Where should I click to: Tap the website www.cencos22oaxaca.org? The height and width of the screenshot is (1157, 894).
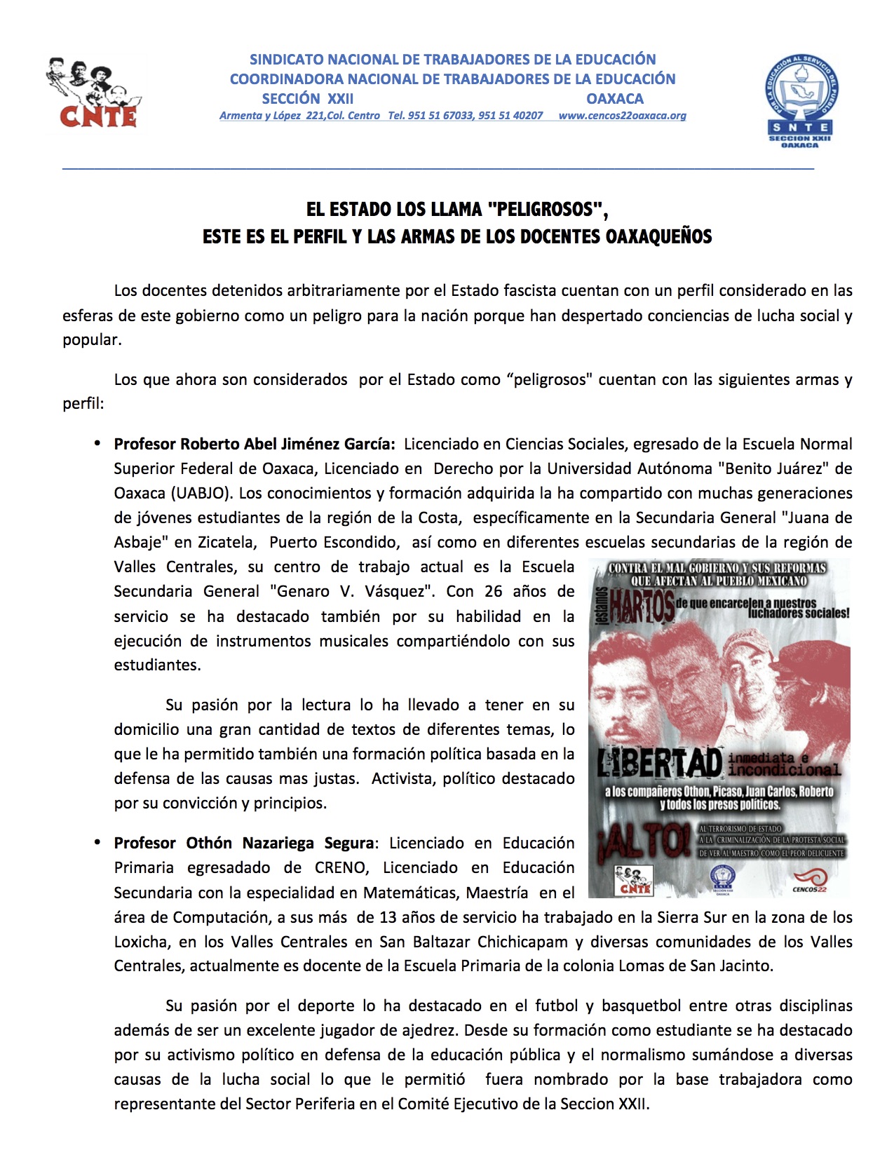click(x=622, y=116)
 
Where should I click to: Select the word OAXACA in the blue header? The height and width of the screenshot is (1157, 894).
click(x=615, y=99)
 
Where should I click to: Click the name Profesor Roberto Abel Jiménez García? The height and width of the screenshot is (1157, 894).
click(x=254, y=444)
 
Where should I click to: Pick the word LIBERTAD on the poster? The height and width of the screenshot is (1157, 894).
click(x=660, y=764)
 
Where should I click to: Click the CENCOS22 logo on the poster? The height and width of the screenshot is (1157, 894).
click(x=810, y=881)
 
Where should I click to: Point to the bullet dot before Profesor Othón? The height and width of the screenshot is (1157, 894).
click(x=98, y=842)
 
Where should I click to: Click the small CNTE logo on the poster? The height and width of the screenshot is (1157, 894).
click(x=634, y=881)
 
